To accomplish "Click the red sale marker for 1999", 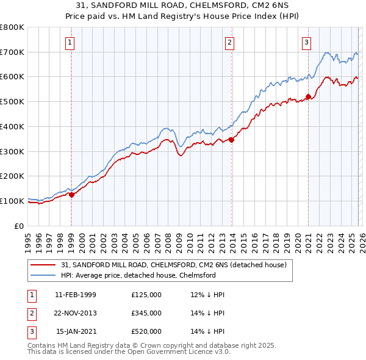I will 71,195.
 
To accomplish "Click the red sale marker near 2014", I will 232,140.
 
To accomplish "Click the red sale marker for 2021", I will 309,96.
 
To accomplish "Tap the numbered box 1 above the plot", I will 71,42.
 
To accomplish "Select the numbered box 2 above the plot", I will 229,42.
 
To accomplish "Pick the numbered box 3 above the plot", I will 306,42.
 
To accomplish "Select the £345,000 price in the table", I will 146,313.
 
